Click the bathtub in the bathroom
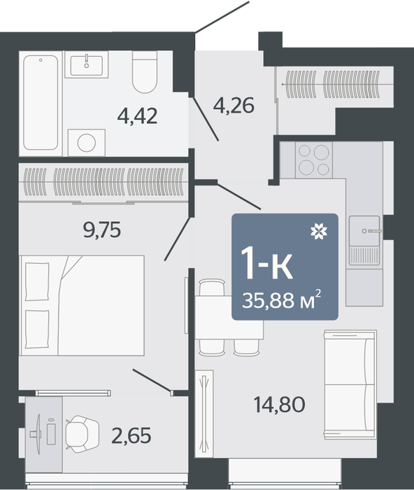pyautogui.click(x=41, y=103)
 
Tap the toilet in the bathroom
pyautogui.click(x=145, y=72)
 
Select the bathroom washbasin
pyautogui.click(x=87, y=65)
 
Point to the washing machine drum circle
pyautogui.click(x=87, y=143)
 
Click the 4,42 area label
pyautogui.click(x=137, y=116)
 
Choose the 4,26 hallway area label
pyautogui.click(x=234, y=105)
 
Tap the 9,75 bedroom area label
pyautogui.click(x=102, y=230)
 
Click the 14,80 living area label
pyautogui.click(x=280, y=405)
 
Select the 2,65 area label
pyautogui.click(x=131, y=435)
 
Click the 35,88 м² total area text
pyautogui.click(x=281, y=300)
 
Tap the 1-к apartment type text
pyautogui.click(x=266, y=262)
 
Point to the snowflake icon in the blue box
pyautogui.click(x=319, y=232)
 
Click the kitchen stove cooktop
pyautogui.click(x=314, y=160)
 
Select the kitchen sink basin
pyautogui.click(x=364, y=230)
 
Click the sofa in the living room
pyautogui.click(x=350, y=385)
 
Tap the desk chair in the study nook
pyautogui.click(x=82, y=434)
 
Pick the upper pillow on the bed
pyautogui.click(x=37, y=281)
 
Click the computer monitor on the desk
pyautogui.click(x=38, y=434)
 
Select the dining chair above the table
pyautogui.click(x=212, y=287)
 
